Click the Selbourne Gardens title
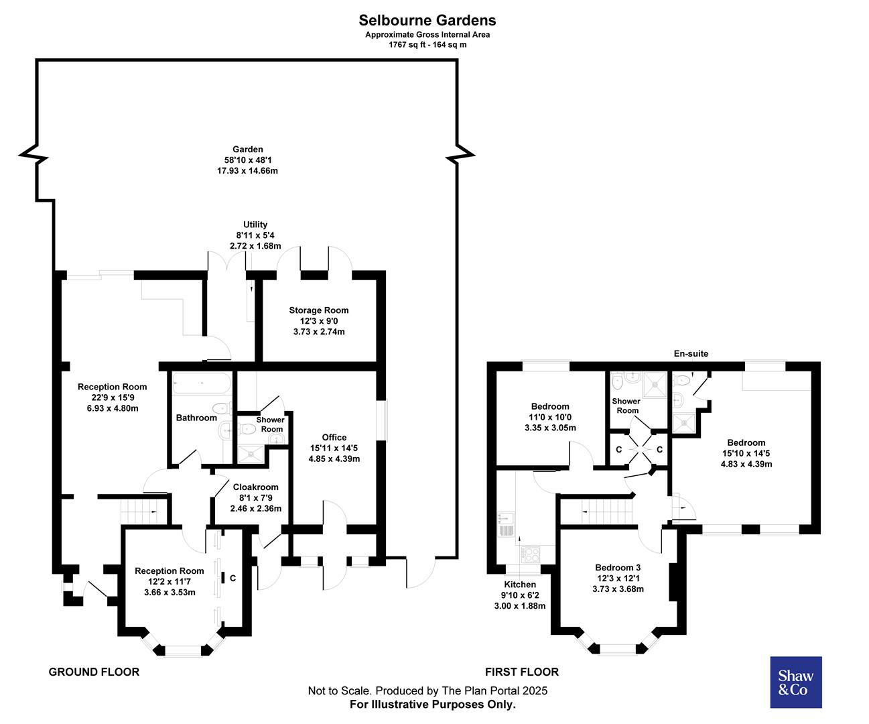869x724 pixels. [427, 21]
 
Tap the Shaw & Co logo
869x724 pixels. [796, 682]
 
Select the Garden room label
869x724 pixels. [247, 149]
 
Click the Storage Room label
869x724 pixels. [319, 310]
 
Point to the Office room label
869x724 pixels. [334, 438]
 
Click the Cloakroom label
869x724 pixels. [255, 487]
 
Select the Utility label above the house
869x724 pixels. [255, 225]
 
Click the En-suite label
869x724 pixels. [691, 354]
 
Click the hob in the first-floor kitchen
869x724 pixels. [531, 554]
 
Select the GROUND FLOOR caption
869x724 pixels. [94, 672]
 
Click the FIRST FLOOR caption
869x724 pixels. [521, 672]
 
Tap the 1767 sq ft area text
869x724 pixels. [427, 45]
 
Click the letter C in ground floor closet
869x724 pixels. [232, 577]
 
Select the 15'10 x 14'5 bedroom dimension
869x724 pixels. [746, 453]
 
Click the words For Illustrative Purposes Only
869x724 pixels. [433, 705]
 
